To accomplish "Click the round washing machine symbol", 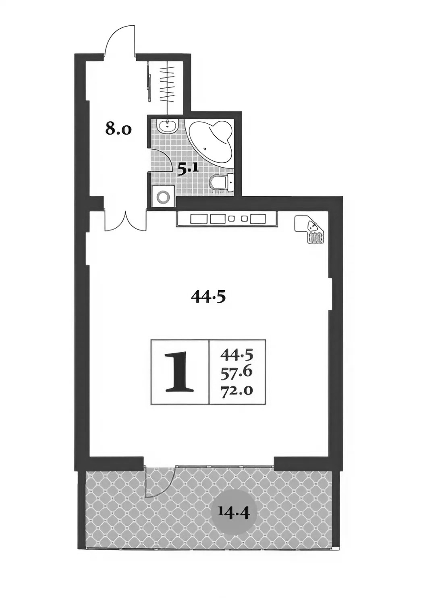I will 163,197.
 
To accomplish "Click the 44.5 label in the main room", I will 208,297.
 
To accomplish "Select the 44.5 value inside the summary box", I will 236,355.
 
